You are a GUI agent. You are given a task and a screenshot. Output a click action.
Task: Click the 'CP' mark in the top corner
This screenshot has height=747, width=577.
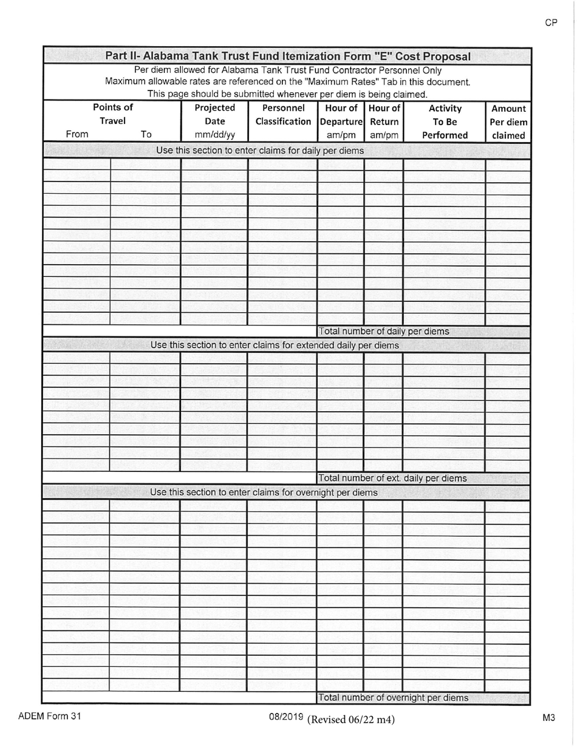click(551, 22)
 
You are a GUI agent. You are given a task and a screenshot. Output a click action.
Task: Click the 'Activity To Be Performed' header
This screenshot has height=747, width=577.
click(445, 121)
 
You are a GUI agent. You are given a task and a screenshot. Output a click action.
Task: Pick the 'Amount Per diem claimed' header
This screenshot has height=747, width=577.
click(508, 121)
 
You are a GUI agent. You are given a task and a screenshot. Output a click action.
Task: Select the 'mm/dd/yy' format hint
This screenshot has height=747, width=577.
click(214, 135)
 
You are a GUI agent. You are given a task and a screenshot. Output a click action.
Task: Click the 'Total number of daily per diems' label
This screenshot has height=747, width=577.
click(384, 332)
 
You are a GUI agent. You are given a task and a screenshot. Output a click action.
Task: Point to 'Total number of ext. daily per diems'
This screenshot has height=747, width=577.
click(392, 479)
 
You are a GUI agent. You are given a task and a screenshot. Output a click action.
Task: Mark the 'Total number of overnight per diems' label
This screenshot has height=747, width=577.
click(393, 698)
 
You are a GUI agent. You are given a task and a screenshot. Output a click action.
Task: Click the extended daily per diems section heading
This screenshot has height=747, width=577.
click(275, 346)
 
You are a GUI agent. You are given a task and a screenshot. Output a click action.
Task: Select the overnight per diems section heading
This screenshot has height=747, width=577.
click(264, 493)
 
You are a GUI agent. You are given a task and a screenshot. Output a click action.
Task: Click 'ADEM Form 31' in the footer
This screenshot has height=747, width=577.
click(49, 716)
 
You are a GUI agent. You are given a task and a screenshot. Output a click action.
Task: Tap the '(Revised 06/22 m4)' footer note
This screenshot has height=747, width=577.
click(351, 720)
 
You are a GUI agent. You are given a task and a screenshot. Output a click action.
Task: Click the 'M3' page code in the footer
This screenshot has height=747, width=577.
click(548, 718)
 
